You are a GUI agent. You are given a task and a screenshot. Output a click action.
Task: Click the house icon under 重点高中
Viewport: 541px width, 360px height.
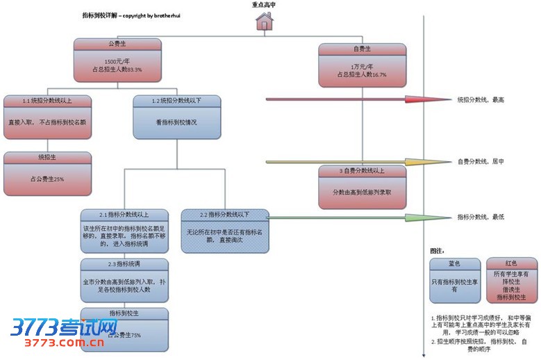tap(263, 22)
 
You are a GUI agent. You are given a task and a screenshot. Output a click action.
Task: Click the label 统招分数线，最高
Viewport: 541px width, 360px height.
tap(481, 100)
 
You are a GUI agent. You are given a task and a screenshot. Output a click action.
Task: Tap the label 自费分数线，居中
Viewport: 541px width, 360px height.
tap(481, 162)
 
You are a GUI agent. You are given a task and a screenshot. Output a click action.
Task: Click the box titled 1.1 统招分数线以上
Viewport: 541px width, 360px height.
tap(47, 101)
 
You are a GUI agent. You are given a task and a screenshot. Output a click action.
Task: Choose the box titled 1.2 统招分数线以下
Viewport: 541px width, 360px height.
tap(176, 101)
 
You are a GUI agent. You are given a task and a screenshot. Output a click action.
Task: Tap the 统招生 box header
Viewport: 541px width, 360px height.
tap(47, 158)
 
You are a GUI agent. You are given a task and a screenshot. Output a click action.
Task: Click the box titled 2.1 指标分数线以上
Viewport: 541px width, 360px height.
tap(123, 214)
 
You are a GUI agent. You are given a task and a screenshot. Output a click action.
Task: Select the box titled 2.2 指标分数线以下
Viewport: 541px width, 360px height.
tap(223, 214)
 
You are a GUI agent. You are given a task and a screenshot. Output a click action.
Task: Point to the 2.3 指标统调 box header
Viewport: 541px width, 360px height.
tap(123, 264)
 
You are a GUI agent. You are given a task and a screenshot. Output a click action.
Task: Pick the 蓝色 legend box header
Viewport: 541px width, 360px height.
tap(454, 263)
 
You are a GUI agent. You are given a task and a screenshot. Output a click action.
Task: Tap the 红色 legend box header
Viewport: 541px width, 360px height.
tap(511, 263)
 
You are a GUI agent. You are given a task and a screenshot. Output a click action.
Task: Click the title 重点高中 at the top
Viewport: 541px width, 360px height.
tap(265, 5)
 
